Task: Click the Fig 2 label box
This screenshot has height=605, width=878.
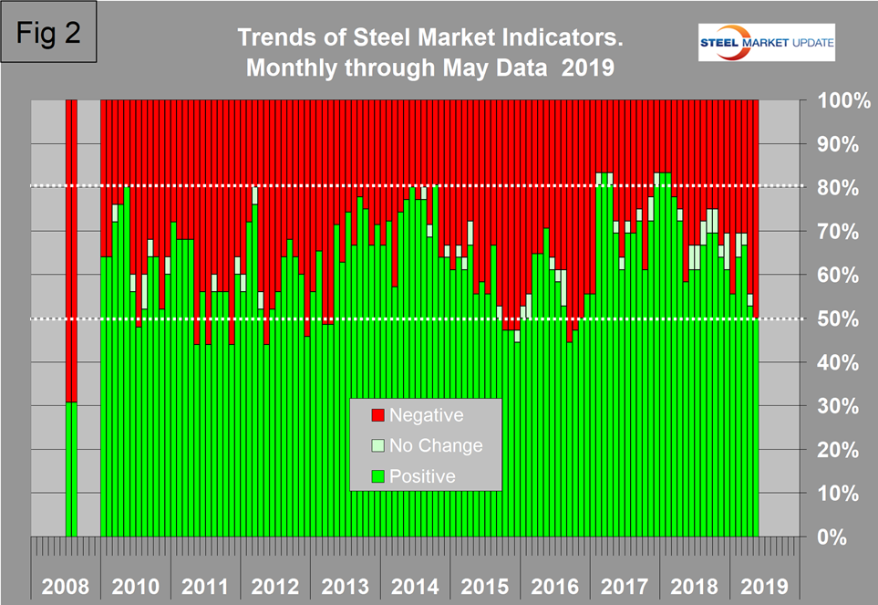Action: pyautogui.click(x=52, y=33)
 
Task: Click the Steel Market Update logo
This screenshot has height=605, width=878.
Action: pyautogui.click(x=766, y=43)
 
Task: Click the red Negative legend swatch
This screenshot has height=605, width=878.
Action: pyautogui.click(x=377, y=416)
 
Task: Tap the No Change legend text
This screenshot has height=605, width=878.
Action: pyautogui.click(x=436, y=446)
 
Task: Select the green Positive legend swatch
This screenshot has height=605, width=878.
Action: pyautogui.click(x=377, y=476)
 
